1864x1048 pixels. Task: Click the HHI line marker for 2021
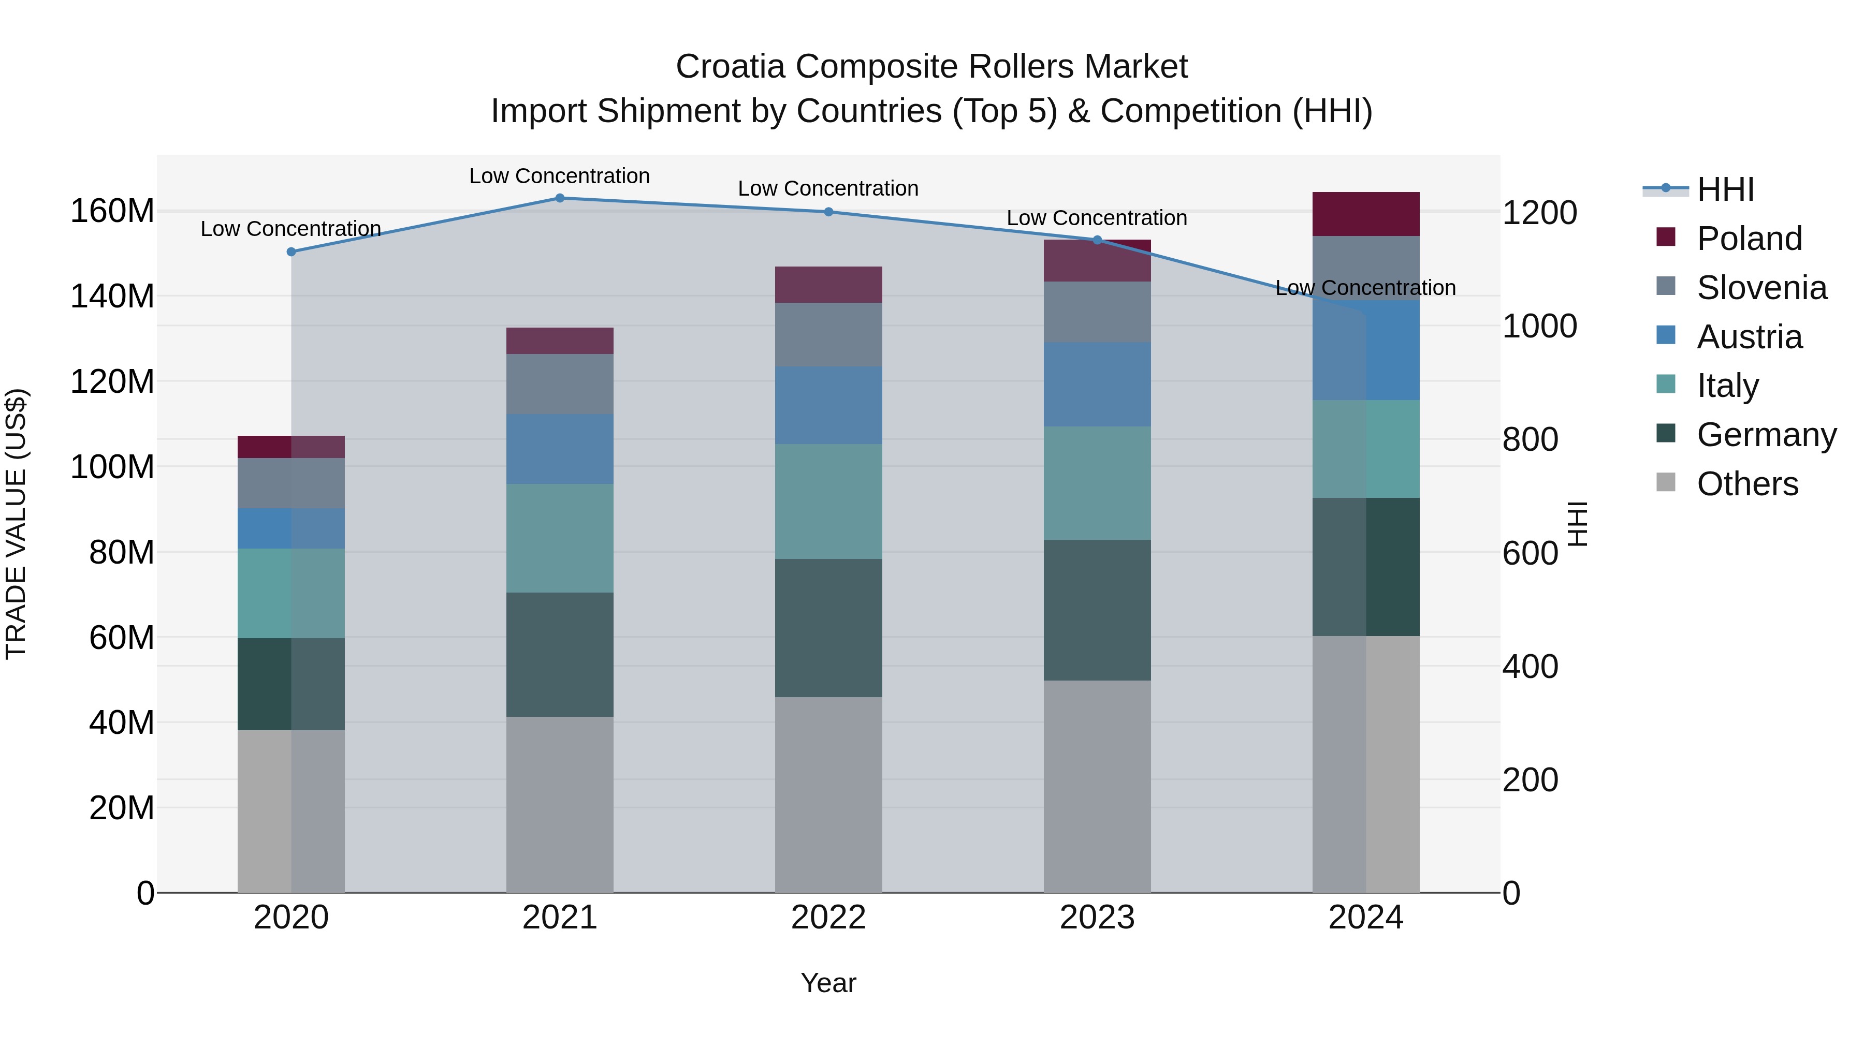[x=559, y=198]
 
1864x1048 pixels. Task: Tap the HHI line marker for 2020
[x=291, y=252]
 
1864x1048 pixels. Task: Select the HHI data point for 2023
[x=1097, y=240]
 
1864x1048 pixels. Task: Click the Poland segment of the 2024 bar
[x=1365, y=214]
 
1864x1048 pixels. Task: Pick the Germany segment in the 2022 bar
[x=828, y=627]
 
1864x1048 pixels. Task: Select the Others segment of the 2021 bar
[x=559, y=804]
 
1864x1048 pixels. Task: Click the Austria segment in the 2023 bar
[x=1097, y=384]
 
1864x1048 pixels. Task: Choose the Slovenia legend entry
[x=1761, y=288]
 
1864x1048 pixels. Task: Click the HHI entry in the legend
[x=1725, y=189]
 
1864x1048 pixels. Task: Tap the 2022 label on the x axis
[x=828, y=918]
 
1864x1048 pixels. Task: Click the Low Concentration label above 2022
[x=828, y=188]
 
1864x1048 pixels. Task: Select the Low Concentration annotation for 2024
[x=1365, y=288]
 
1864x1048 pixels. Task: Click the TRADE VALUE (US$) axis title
[x=16, y=524]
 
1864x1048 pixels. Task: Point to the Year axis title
[x=828, y=983]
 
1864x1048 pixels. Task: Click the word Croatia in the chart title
[x=730, y=67]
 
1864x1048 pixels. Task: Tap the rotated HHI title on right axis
[x=1578, y=524]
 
